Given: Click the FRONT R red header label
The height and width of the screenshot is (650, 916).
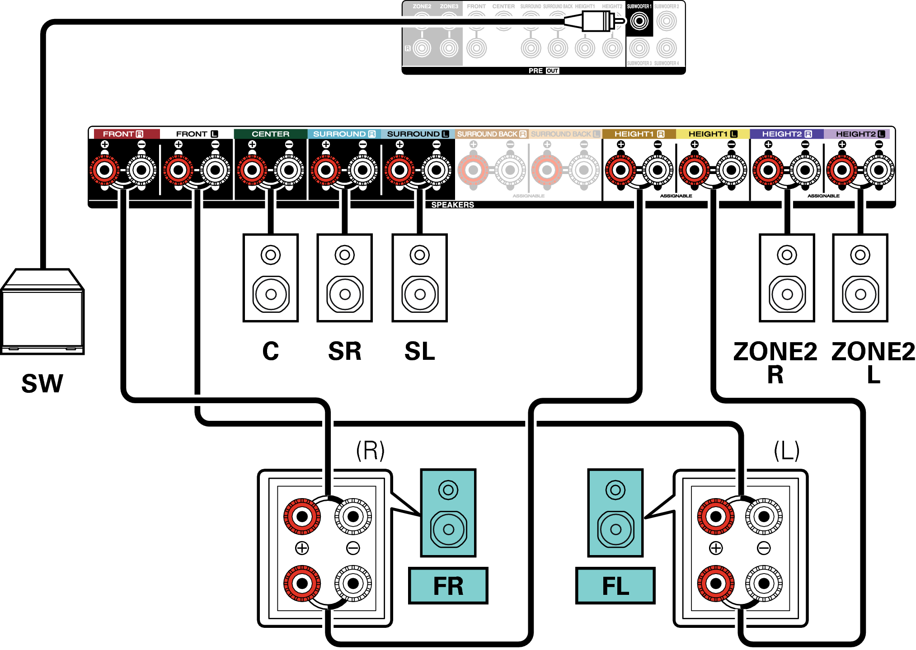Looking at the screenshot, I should (x=123, y=134).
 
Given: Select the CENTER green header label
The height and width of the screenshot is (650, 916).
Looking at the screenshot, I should (x=270, y=134).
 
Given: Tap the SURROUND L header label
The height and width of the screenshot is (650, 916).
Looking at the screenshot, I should (x=418, y=134).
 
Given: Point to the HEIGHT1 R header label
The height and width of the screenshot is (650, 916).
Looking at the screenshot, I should (x=639, y=134).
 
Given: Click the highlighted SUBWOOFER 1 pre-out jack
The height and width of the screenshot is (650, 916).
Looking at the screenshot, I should (x=639, y=21).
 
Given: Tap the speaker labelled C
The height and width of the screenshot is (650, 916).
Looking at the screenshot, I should (x=270, y=278).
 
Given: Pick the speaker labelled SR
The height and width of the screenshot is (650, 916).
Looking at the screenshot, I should (x=344, y=278).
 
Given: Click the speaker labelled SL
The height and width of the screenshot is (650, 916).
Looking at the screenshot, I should (x=419, y=278).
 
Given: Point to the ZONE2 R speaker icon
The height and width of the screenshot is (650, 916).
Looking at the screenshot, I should (x=787, y=278).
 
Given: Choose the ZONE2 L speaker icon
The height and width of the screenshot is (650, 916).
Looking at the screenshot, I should (x=860, y=278).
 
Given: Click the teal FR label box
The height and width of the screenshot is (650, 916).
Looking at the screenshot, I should (x=448, y=586).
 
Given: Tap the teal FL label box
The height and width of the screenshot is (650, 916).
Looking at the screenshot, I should (x=615, y=586).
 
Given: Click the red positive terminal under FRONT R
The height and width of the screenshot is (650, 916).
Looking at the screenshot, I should (x=105, y=170).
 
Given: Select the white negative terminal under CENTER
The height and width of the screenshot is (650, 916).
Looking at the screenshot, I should (x=289, y=170).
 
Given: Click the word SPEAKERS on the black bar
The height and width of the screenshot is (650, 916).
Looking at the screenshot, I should (x=452, y=205).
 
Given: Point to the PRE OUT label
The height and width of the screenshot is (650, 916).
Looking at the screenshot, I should (x=544, y=71).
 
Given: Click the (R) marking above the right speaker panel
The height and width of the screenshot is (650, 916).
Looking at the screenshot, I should (x=370, y=451).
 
